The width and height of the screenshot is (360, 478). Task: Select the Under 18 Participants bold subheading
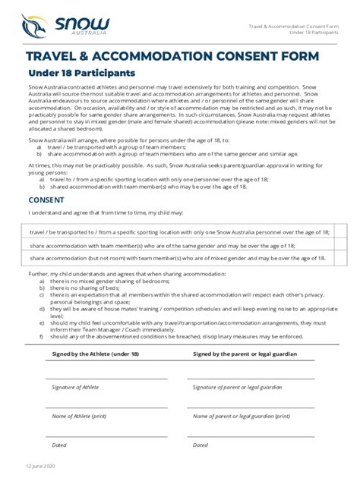point(81,73)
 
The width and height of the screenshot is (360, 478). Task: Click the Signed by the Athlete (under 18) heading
point(95,354)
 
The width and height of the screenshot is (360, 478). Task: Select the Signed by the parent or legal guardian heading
point(245,354)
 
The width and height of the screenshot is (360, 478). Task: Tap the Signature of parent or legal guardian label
point(237,387)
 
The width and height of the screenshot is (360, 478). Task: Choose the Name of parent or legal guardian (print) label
point(241,416)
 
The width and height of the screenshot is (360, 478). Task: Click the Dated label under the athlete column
point(59,445)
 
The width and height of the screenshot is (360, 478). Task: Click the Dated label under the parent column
point(201,445)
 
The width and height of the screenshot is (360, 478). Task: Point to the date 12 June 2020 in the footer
point(39,465)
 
